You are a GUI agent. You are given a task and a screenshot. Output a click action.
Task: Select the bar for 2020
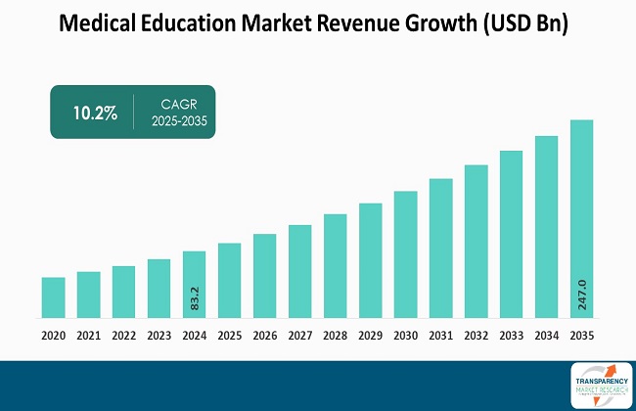[53, 297]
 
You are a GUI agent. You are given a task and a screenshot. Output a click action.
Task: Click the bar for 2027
[299, 271]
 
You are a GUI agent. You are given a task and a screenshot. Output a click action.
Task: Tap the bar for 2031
[440, 249]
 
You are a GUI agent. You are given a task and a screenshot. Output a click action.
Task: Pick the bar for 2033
[511, 234]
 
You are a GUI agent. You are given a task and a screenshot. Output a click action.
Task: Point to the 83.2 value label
[195, 297]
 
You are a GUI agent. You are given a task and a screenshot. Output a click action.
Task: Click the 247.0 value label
[582, 294]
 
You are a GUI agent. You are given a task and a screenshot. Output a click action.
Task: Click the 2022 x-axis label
[123, 335]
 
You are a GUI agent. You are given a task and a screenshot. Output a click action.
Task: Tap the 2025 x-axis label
[229, 335]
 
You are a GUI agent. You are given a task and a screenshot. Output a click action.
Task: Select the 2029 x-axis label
[370, 335]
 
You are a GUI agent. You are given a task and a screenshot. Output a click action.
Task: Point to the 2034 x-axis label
[546, 335]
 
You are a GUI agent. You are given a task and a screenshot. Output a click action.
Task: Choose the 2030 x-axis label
[405, 335]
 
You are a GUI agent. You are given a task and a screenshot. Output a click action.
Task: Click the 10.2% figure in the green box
[95, 113]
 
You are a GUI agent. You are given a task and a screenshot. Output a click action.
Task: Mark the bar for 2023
[159, 289]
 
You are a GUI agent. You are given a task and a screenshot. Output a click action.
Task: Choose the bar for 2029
[370, 260]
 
